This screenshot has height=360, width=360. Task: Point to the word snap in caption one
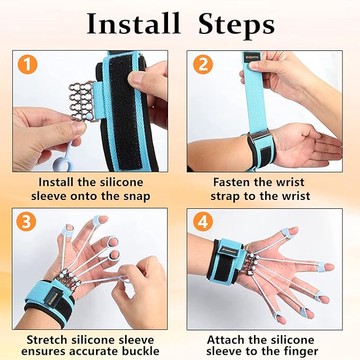pyautogui.click(x=136, y=196)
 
